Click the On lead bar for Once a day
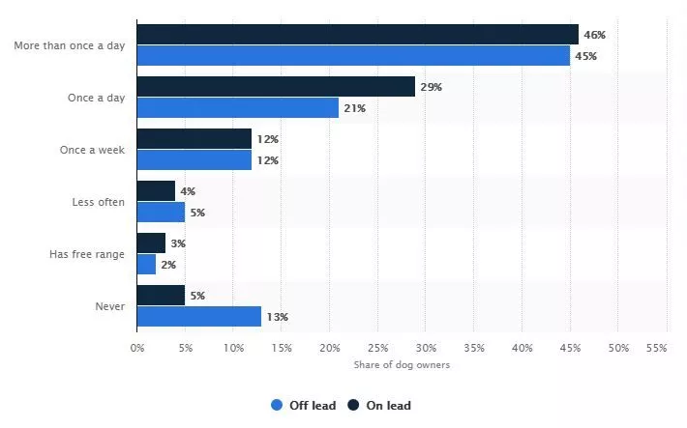[276, 87]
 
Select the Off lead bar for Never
[199, 316]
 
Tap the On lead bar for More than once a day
[357, 35]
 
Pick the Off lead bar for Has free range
[146, 264]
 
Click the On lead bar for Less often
[156, 191]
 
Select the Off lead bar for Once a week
[194, 159]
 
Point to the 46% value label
[594, 35]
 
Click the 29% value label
[431, 87]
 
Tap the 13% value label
[277, 316]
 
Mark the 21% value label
[353, 108]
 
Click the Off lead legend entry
[304, 406]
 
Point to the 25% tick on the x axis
[377, 348]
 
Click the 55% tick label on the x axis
[656, 348]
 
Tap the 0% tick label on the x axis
[137, 348]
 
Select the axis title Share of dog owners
[401, 364]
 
